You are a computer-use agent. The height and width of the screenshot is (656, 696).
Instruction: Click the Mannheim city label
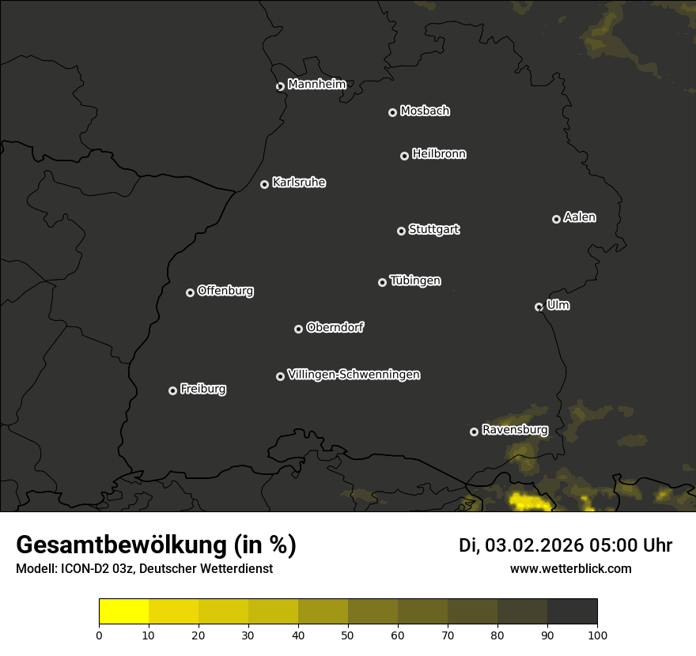coord(316,85)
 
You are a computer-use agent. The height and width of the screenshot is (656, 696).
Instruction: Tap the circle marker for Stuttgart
coord(401,231)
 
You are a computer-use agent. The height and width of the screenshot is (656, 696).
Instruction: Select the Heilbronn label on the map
coord(439,154)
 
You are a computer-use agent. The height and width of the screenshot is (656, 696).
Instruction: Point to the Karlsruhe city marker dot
coord(264,184)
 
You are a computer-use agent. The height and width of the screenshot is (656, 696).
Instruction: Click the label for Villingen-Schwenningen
coord(354,375)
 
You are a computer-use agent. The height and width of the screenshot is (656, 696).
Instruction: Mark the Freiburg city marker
coord(172,390)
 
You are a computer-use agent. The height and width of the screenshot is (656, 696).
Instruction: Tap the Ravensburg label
coord(514,430)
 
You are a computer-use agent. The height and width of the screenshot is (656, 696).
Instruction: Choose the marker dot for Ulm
coord(539,307)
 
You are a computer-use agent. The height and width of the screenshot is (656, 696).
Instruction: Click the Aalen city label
coord(580,217)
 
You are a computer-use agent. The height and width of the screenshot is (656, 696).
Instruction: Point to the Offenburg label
coord(225,291)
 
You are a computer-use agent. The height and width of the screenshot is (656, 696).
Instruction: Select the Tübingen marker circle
coord(382,282)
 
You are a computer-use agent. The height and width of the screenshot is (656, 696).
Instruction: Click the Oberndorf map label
coord(335,327)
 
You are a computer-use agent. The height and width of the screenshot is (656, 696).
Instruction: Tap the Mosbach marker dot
coord(392,112)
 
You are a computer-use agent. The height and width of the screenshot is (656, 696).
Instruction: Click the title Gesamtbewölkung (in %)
coord(156,545)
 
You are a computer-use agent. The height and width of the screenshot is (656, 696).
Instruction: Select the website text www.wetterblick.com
coord(570,568)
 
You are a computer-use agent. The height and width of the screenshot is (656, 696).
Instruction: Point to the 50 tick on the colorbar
coord(348,635)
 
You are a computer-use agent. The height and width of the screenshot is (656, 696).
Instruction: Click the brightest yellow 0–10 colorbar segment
coord(124,612)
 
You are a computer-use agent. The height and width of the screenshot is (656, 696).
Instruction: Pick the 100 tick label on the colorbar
coord(597,635)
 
